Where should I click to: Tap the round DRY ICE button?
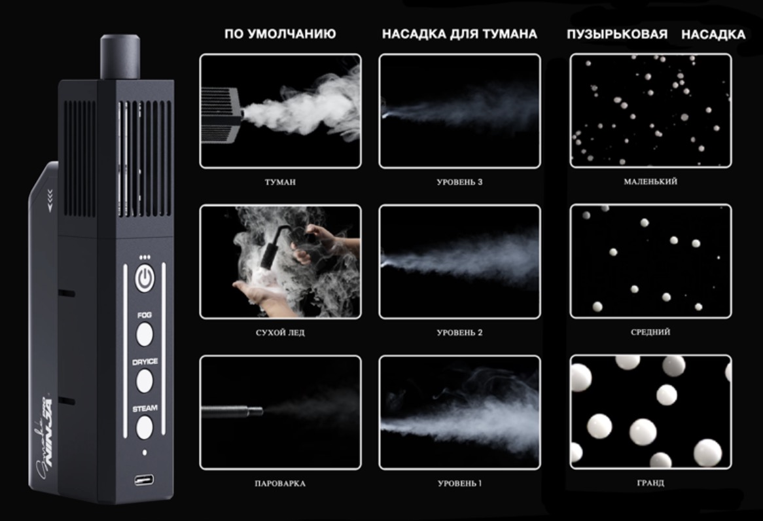[x=144, y=380]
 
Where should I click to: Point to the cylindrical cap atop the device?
[x=120, y=57]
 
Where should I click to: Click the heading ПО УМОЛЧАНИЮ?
[x=280, y=34]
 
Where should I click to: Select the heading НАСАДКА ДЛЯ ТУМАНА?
[x=459, y=34]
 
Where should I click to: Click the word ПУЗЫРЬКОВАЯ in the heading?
[x=617, y=34]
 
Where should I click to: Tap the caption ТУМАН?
[x=280, y=182]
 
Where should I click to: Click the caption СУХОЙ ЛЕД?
[x=280, y=332]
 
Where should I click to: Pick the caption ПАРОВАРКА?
[x=280, y=484]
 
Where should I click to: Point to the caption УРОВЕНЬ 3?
[x=459, y=182]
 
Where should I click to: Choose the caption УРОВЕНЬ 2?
[x=459, y=332]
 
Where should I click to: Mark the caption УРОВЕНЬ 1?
[x=459, y=484]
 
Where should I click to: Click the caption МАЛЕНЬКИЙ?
[x=650, y=181]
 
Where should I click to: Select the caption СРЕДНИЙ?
[x=650, y=332]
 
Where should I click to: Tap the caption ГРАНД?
[x=650, y=483]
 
